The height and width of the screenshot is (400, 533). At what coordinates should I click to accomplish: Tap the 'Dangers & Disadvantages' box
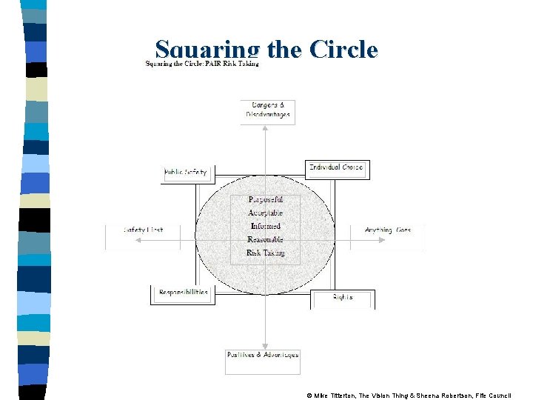[267, 110]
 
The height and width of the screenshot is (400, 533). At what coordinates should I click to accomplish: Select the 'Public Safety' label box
[187, 173]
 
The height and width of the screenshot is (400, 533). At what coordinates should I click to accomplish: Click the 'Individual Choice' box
[336, 167]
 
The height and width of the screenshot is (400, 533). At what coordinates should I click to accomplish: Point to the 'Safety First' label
[144, 230]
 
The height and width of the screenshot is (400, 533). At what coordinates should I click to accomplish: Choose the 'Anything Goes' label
[388, 230]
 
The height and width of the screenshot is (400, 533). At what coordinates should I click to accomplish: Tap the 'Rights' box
[343, 298]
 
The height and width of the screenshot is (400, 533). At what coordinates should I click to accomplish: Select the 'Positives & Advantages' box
[263, 355]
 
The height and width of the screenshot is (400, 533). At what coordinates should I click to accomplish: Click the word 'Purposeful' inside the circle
[266, 200]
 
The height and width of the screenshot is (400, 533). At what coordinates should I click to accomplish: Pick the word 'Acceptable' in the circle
[266, 213]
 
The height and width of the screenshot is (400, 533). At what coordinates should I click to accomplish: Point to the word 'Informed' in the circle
[266, 226]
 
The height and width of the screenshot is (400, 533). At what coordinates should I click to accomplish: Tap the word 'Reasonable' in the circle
[266, 239]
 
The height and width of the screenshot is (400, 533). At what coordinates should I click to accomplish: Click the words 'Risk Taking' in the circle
[266, 253]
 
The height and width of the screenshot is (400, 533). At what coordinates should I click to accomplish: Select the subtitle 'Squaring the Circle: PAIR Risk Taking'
[201, 64]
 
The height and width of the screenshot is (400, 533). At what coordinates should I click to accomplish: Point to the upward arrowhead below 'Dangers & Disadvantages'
[266, 129]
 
